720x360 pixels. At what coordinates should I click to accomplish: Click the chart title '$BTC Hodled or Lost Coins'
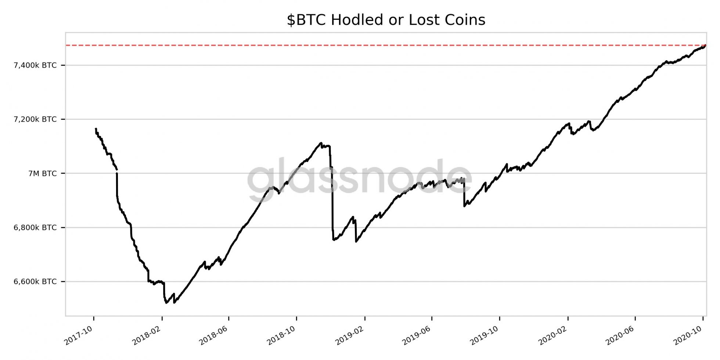point(386,20)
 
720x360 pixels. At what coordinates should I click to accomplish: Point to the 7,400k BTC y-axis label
point(35,65)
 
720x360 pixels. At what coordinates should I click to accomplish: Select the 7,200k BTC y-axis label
point(35,119)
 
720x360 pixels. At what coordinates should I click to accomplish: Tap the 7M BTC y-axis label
point(43,173)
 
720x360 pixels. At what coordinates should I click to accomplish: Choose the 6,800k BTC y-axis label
point(35,228)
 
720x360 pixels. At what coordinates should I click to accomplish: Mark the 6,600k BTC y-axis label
point(35,282)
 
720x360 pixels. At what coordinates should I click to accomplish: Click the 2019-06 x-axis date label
point(417,335)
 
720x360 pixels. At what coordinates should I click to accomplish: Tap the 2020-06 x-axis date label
point(620,335)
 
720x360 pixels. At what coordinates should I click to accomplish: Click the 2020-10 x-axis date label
point(688,335)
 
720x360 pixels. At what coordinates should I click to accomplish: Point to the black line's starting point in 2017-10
point(96,129)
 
